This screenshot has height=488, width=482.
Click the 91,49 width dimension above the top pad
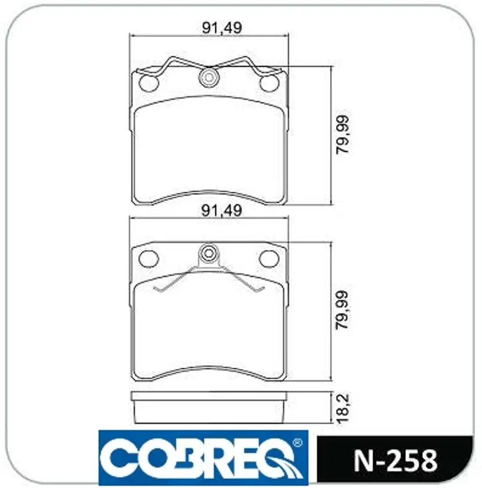[221, 28]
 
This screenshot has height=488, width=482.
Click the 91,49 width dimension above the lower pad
[221, 211]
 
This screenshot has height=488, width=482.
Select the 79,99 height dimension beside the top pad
[343, 135]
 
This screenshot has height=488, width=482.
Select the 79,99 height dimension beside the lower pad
[343, 310]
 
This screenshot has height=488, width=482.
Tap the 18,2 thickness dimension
[343, 408]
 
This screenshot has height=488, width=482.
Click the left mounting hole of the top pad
[148, 83]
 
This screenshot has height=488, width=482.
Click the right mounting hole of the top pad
[269, 83]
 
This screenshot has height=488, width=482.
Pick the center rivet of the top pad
[209, 77]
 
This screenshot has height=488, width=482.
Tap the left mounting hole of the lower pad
[148, 258]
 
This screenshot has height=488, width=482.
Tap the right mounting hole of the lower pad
[269, 258]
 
